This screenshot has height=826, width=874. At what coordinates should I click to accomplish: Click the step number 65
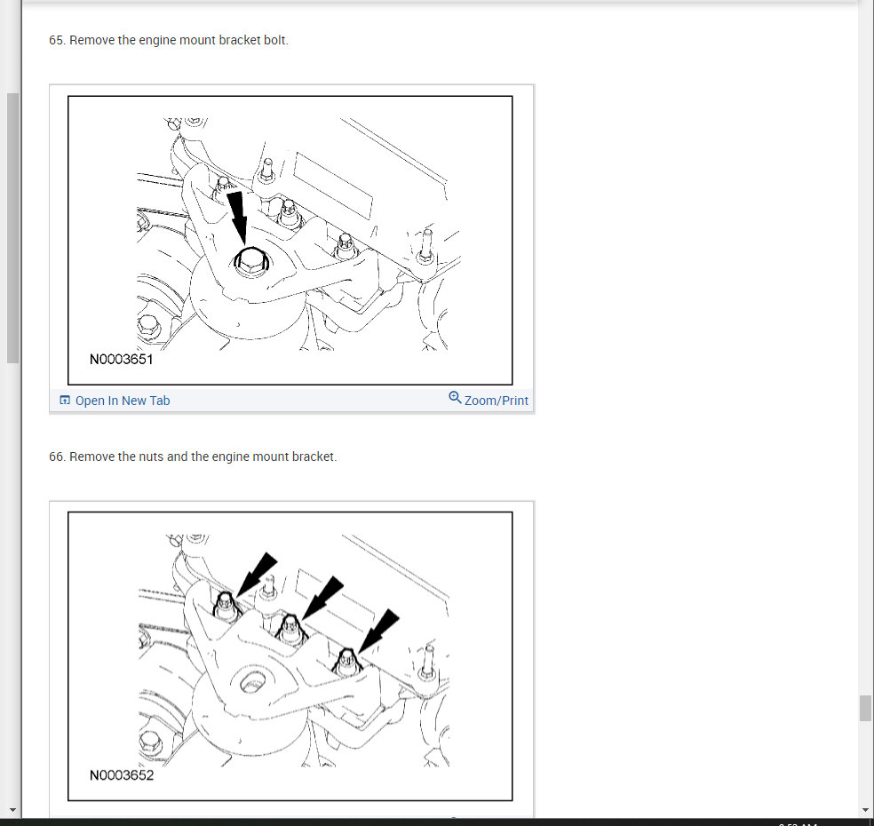click(x=56, y=40)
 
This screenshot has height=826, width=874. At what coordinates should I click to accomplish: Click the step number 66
click(x=56, y=457)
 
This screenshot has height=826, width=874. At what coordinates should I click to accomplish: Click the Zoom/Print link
click(x=497, y=401)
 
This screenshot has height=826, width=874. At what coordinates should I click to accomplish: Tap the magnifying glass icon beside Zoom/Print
click(x=455, y=397)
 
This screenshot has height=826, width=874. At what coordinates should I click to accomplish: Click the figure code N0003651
click(x=121, y=359)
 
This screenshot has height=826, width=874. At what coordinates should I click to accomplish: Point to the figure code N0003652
click(x=121, y=775)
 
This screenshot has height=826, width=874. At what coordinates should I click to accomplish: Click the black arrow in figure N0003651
click(x=237, y=218)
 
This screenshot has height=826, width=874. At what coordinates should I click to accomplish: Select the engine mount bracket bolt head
click(x=250, y=261)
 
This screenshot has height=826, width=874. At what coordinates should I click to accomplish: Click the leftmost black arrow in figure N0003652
click(x=257, y=575)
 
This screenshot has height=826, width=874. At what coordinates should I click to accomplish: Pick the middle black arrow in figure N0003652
click(x=322, y=598)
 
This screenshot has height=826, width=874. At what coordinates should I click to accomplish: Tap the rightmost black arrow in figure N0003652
click(x=378, y=631)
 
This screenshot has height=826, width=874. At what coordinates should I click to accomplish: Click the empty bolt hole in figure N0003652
click(x=252, y=681)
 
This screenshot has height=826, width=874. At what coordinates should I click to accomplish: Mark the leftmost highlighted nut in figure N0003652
click(x=226, y=607)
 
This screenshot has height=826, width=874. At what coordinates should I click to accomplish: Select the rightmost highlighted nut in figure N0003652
click(x=347, y=663)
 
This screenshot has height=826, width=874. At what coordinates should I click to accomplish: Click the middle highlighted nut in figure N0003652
click(x=290, y=628)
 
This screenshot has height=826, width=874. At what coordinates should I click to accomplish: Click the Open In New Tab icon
click(x=65, y=401)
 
